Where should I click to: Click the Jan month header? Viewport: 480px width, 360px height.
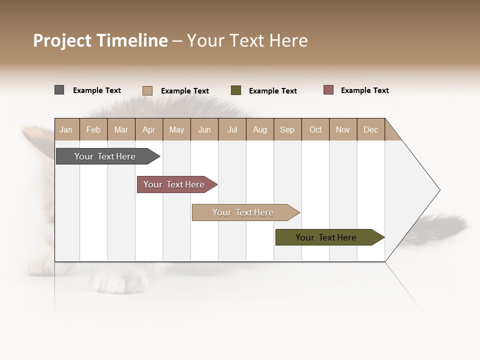66,129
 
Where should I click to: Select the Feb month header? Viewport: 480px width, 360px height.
93,129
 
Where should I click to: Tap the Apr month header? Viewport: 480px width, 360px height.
148,129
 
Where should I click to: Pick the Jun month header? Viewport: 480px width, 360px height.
204,129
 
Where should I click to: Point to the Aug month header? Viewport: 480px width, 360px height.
260,129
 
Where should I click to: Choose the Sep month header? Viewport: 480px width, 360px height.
287,129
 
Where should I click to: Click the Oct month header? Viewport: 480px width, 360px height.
315,129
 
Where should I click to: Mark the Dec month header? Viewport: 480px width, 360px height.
370,129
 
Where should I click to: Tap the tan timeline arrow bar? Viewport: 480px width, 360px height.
243,212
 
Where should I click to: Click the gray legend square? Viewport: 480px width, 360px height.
59,90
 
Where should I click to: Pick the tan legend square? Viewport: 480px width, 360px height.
147,90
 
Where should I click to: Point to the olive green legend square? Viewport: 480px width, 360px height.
236,90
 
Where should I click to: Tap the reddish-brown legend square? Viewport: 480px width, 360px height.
328,90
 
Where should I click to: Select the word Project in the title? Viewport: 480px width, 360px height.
62,40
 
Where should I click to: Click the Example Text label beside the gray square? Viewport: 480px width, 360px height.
97,90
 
